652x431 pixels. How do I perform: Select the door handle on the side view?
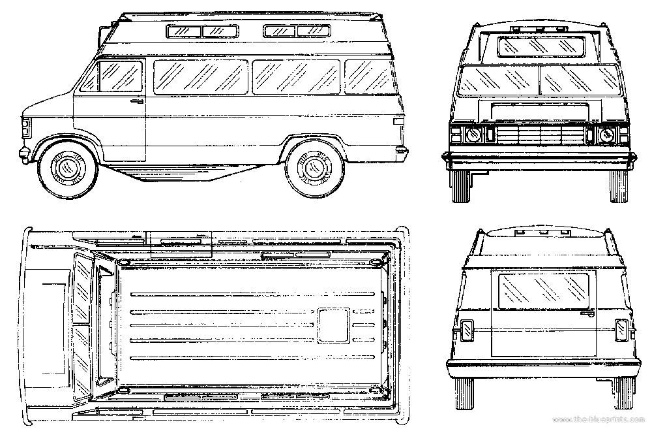pos(137,101)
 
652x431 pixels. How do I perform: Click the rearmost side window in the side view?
pos(368,77)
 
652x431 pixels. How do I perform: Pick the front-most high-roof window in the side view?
pos(183,31)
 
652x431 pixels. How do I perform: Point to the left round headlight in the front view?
pos(473,134)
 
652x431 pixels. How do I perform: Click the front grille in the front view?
pos(539,135)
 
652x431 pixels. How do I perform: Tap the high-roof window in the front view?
pos(540,46)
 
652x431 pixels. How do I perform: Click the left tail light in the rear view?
pos(467,330)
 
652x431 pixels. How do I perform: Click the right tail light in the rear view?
pos(621,330)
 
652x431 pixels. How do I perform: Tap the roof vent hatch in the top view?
pos(333,326)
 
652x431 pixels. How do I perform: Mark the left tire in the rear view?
pos(464,394)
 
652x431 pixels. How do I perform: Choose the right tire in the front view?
pos(618,186)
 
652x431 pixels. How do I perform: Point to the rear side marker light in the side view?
pos(398,121)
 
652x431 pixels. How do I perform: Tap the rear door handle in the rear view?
pos(587,313)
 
